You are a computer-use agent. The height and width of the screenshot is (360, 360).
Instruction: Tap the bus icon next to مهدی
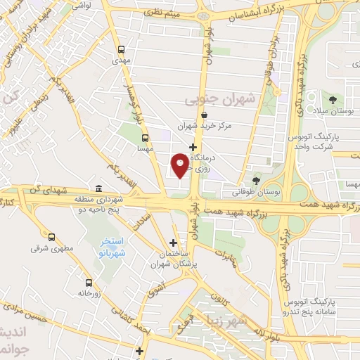(x=122, y=50)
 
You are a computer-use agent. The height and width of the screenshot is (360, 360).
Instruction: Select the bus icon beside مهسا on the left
(x=145, y=139)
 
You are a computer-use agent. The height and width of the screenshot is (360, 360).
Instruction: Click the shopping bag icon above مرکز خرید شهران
(x=204, y=115)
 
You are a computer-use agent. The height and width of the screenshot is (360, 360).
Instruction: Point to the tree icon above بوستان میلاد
(x=333, y=101)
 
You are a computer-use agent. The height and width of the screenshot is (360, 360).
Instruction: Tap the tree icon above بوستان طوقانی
(x=256, y=180)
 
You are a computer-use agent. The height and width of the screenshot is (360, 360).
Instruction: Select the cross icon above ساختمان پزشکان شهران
(x=173, y=243)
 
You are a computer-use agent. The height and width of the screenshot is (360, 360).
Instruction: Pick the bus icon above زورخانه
(x=88, y=282)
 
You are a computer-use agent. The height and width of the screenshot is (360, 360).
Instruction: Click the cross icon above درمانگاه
(x=193, y=146)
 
